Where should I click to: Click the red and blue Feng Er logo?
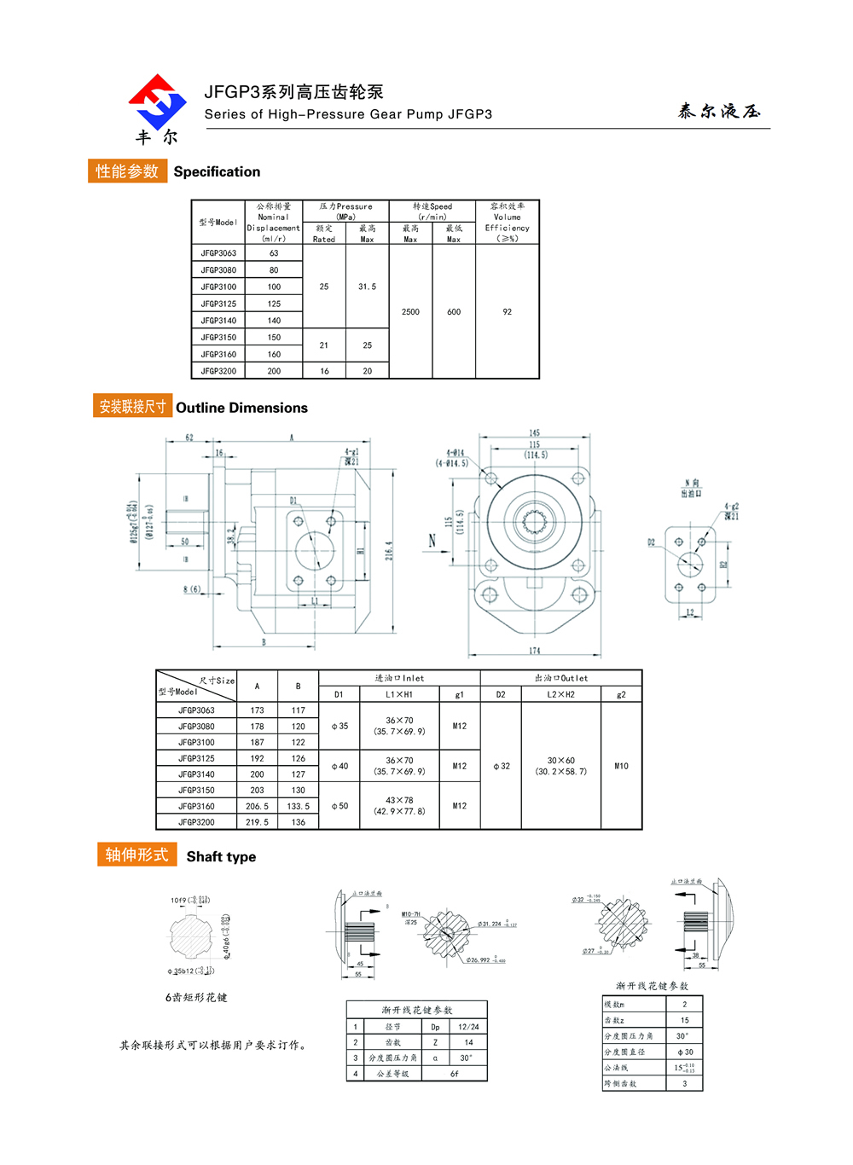click(x=157, y=101)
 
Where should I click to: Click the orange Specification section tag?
click(x=127, y=171)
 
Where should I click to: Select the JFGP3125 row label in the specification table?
click(x=218, y=304)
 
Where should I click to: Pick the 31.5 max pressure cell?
click(x=367, y=287)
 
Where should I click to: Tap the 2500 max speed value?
click(x=410, y=312)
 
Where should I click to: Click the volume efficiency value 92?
click(x=508, y=312)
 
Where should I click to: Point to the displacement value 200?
click(x=274, y=371)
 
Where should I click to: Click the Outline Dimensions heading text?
click(x=241, y=408)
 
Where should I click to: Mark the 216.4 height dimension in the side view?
click(x=389, y=550)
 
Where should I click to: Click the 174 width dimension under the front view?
click(x=534, y=651)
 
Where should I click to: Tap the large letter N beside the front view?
click(x=432, y=541)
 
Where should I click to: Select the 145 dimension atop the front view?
click(x=534, y=433)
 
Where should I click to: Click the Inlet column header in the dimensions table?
click(x=399, y=678)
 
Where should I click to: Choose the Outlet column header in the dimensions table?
click(x=560, y=678)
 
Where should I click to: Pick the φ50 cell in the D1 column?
click(x=339, y=806)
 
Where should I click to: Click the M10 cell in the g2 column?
click(x=621, y=766)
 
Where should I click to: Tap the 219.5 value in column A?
click(x=257, y=822)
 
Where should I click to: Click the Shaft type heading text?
click(x=221, y=857)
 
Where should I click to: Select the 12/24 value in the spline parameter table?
click(x=468, y=1027)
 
